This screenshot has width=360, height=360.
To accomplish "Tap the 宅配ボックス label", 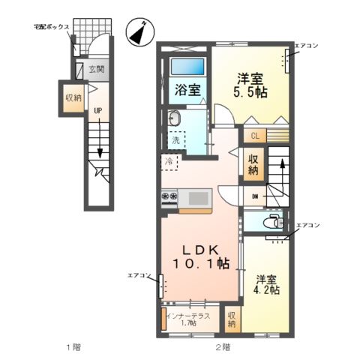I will coord(52,27).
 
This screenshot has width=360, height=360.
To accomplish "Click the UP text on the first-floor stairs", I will coord(97,111).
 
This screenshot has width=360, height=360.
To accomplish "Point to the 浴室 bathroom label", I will coord(187,90).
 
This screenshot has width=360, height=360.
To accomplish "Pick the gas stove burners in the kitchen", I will coord(169,198).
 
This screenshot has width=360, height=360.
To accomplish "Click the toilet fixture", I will coord(274,222).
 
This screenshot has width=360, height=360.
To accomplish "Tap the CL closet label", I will coord(255,136).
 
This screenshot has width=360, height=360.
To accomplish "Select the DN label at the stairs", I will coord(255,197).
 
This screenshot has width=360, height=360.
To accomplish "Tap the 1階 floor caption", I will coord(73,346).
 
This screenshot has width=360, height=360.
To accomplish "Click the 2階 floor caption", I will coord(223,346).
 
